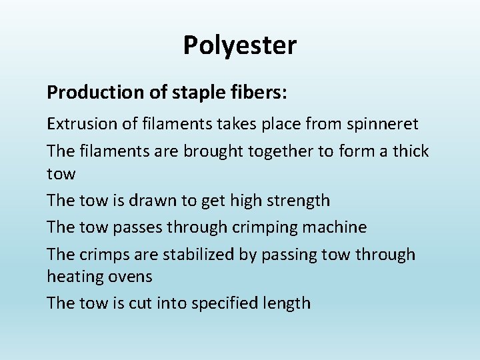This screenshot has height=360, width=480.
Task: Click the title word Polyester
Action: tap(239, 46)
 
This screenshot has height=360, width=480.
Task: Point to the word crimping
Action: tap(265, 227)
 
